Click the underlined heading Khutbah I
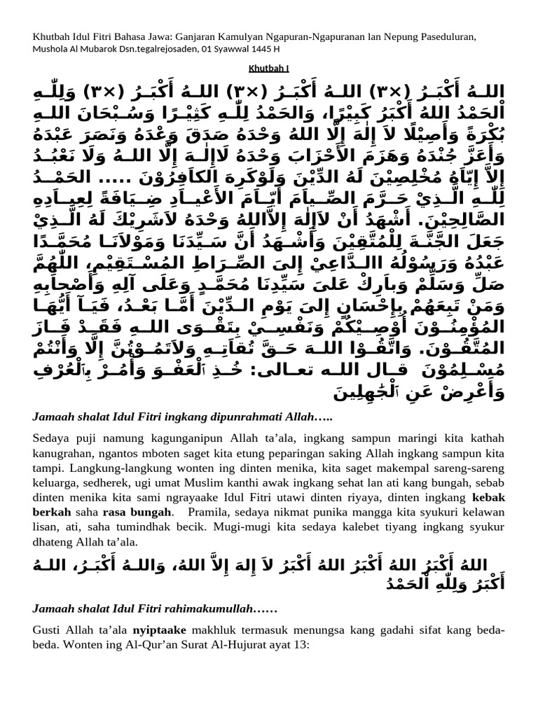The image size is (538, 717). click(269, 68)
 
